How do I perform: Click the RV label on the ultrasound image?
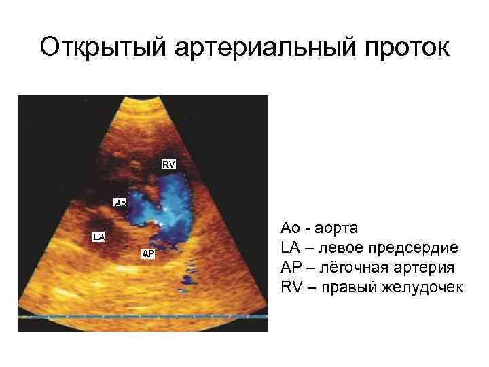[x=169, y=164]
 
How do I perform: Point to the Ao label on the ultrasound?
[x=120, y=203]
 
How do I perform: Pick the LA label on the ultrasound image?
[x=99, y=237]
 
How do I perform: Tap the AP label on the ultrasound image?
[x=148, y=254]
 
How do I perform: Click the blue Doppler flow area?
[x=160, y=204]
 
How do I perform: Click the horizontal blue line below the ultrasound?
[x=143, y=317]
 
